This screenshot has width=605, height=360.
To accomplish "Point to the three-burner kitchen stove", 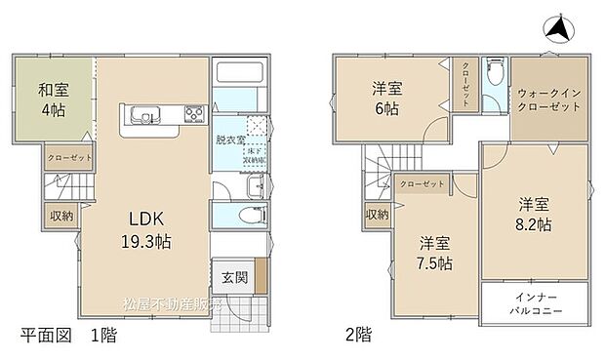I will [x=193, y=115].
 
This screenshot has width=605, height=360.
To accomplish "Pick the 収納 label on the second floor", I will [x=377, y=214].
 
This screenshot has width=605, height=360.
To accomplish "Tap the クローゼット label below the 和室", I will [x=66, y=156].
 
